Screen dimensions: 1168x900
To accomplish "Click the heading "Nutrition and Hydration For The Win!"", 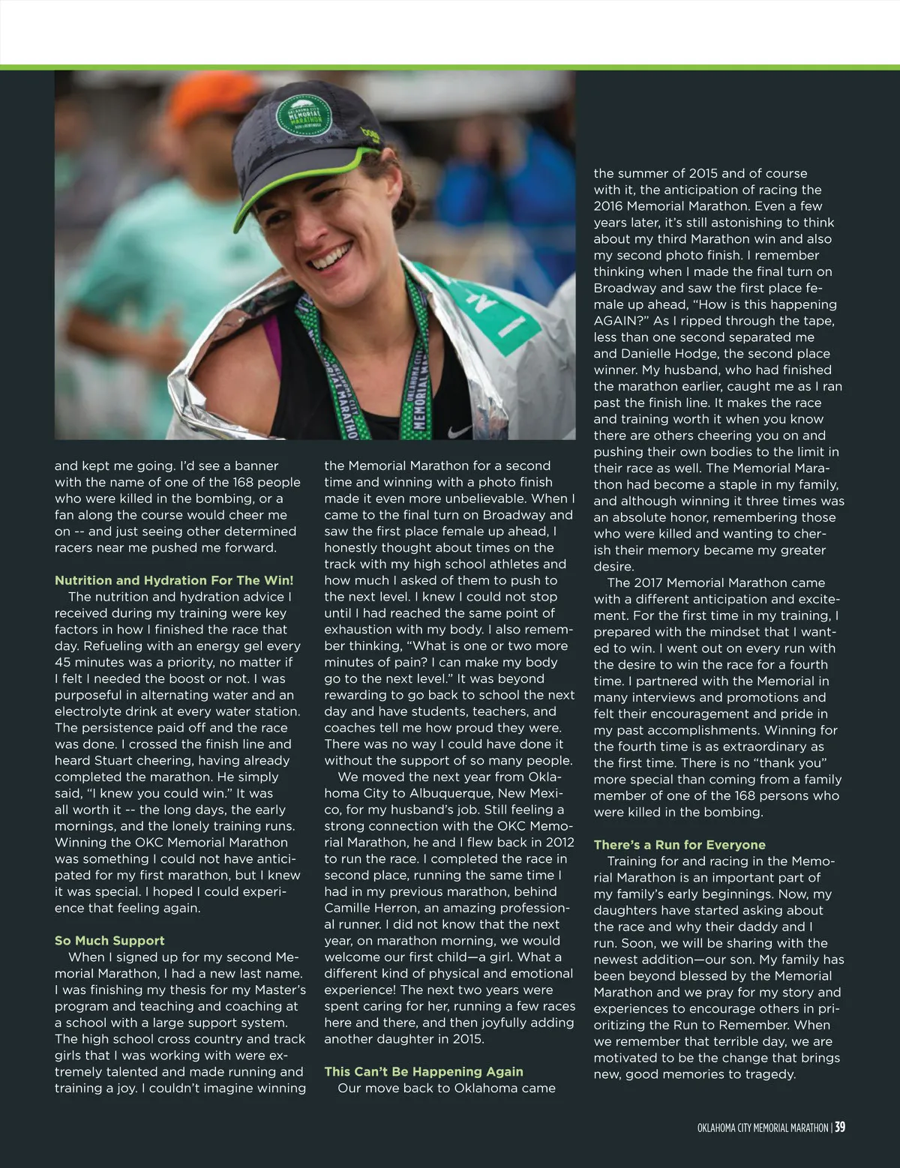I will (x=174, y=580).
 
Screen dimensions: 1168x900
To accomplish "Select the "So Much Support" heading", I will (x=109, y=940).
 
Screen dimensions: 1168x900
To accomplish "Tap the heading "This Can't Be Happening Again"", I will (x=424, y=1071).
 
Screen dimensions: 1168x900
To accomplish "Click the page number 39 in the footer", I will (x=840, y=1127).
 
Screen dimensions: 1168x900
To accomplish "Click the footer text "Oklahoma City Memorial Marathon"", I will (x=762, y=1128).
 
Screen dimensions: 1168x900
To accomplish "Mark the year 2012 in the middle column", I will (x=559, y=842).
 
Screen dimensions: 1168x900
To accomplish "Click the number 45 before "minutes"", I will (x=64, y=662).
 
